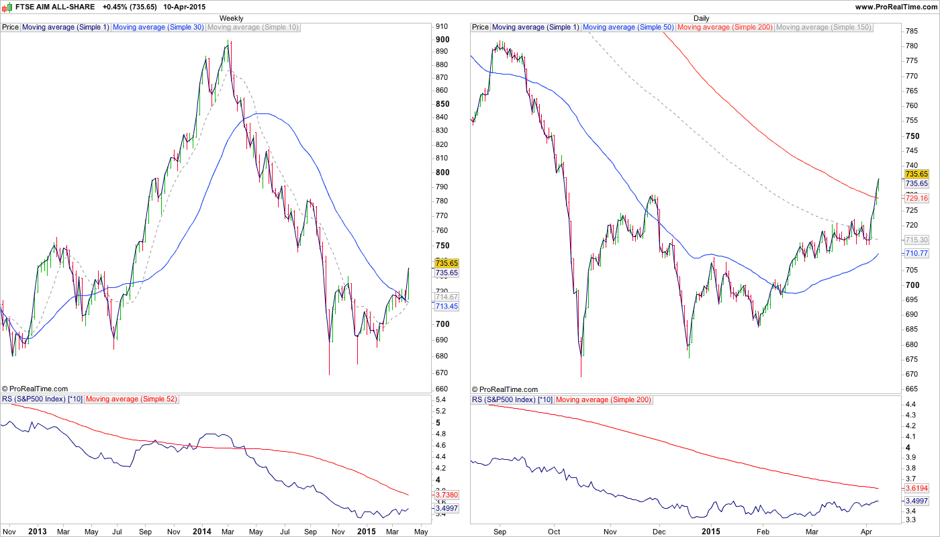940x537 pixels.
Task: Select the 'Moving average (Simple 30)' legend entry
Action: click(158, 28)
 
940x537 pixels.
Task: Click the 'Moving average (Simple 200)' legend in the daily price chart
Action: click(724, 28)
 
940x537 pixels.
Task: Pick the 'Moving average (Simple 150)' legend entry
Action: click(823, 28)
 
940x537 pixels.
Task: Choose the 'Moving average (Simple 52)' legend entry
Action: click(131, 399)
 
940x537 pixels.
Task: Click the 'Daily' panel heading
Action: click(701, 18)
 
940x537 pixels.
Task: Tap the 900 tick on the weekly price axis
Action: click(442, 39)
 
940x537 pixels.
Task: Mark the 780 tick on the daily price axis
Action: click(912, 46)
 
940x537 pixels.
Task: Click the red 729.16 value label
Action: click(916, 198)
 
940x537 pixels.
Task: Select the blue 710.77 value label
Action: click(916, 253)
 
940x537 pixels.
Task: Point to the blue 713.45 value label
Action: click(446, 306)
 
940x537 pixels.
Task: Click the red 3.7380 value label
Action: click(446, 495)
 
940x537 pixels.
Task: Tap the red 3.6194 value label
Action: click(916, 489)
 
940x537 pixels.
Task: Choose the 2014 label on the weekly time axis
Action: click(202, 532)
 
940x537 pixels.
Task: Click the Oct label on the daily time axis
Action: click(554, 532)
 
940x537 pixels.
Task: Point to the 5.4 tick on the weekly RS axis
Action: click(440, 400)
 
